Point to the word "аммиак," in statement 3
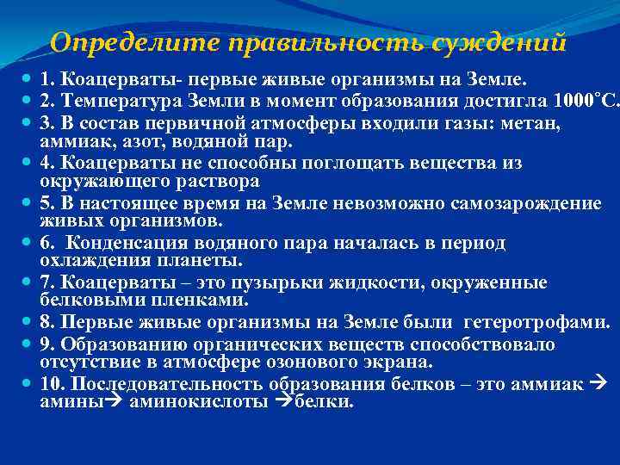coord(75,139)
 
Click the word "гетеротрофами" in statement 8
coord(536,323)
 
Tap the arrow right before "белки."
coord(287,401)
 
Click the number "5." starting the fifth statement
coord(46,203)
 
